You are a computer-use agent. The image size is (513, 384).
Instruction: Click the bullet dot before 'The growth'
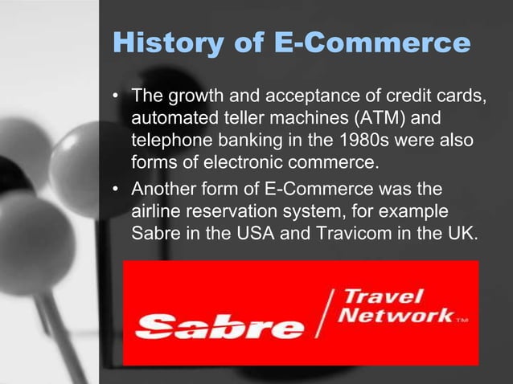tap(116, 99)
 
